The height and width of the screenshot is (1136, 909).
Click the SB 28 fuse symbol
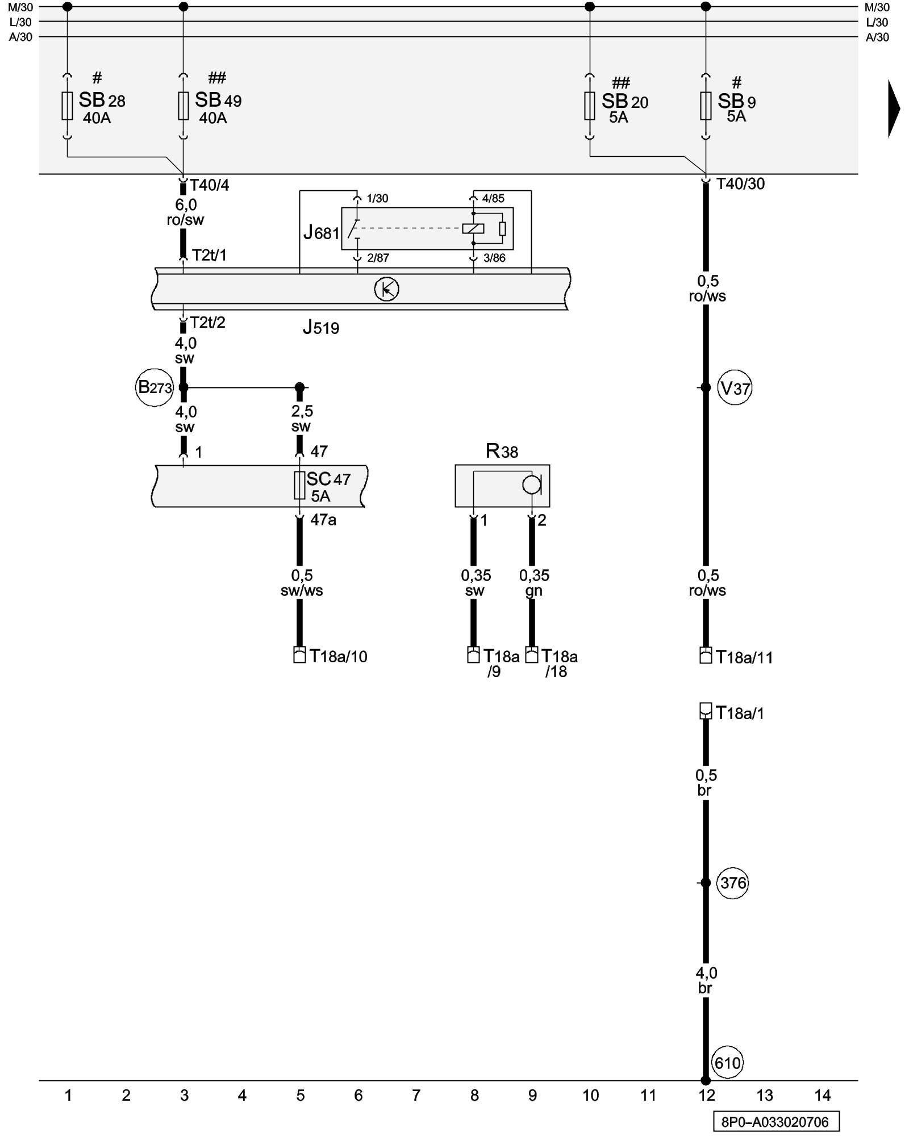click(x=67, y=106)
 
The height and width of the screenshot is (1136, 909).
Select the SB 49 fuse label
click(x=218, y=101)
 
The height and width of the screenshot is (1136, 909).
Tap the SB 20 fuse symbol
click(x=590, y=106)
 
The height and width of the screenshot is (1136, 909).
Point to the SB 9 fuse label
click(x=736, y=102)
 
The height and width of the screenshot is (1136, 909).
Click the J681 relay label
click(x=321, y=232)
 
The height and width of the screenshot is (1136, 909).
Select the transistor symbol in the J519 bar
click(x=386, y=289)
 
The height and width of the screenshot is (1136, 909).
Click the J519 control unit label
click(x=320, y=328)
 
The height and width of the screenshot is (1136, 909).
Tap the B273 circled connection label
click(x=155, y=388)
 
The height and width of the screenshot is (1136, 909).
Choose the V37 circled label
click(x=735, y=389)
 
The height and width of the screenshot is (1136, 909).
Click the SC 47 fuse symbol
click(x=299, y=486)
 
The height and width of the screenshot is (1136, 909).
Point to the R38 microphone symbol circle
click(x=532, y=485)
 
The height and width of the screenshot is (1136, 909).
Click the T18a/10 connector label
click(x=338, y=657)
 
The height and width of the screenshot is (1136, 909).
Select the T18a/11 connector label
click(x=744, y=658)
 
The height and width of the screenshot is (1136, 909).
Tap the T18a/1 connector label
click(x=740, y=713)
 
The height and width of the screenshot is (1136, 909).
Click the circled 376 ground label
click(x=733, y=883)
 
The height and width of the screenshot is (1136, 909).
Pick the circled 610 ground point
click(x=727, y=1063)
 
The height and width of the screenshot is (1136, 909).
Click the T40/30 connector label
click(x=740, y=184)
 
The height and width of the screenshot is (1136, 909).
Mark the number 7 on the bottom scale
click(x=416, y=1095)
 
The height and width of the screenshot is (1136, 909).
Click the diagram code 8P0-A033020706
click(x=776, y=1122)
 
